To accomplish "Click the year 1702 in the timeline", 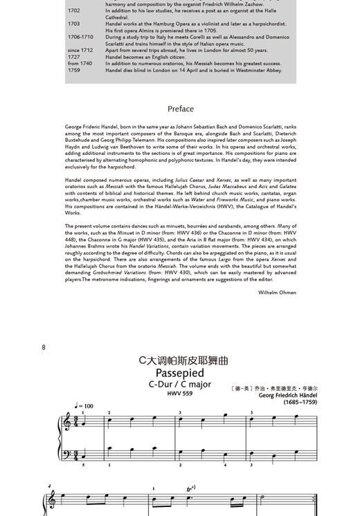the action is tap(73, 11).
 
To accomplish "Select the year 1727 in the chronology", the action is tap(73, 57).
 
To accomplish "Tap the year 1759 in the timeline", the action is tap(73, 70).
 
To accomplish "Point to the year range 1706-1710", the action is tap(80, 37).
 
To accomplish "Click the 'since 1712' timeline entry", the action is tap(80, 50).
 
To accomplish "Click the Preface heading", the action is tap(180, 109).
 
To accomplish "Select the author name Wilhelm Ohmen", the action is tap(277, 293).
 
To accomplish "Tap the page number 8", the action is tap(44, 347).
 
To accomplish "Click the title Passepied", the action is tap(179, 374).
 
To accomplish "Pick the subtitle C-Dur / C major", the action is tap(179, 385).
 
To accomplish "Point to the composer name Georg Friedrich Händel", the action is tap(287, 396).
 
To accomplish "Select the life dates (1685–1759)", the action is tap(300, 403).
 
